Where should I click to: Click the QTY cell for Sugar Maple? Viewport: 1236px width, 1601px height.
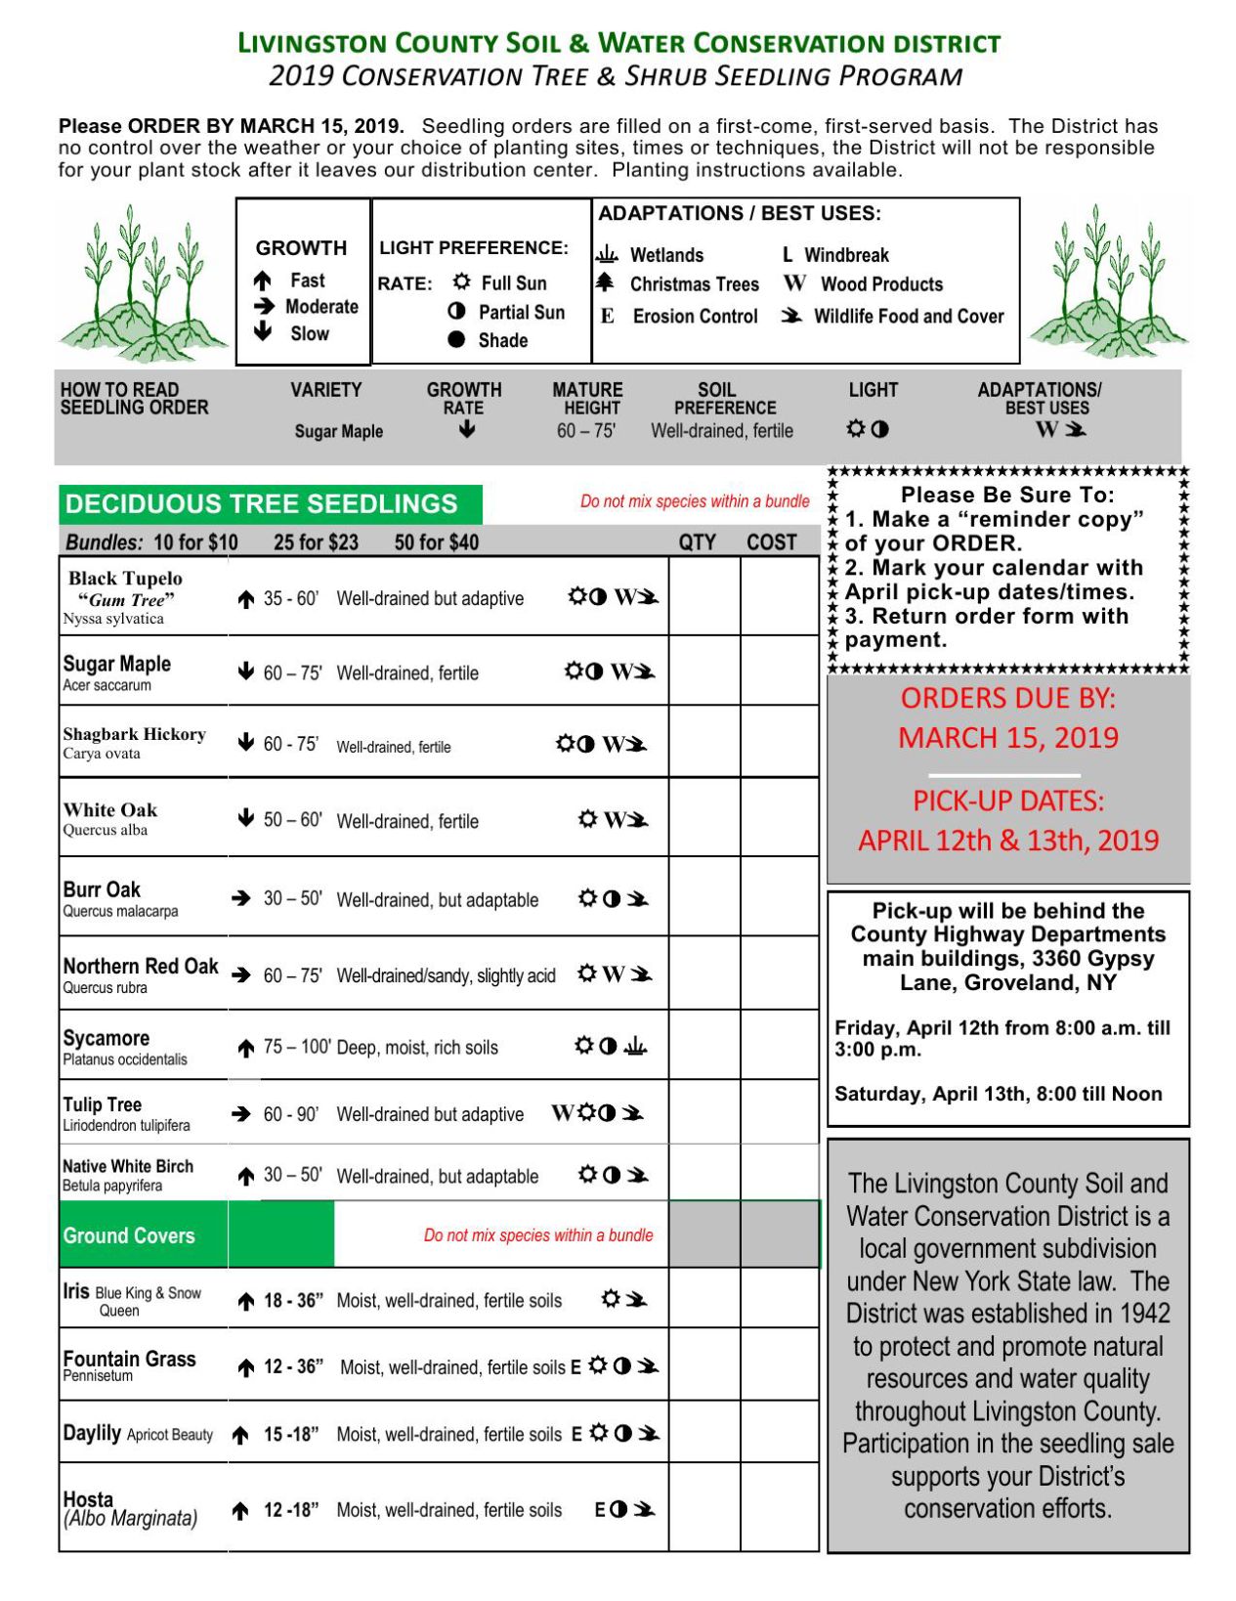pos(703,671)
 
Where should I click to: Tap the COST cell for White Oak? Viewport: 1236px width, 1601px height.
pos(779,818)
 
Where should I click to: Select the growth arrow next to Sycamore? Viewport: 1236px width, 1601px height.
pos(246,1049)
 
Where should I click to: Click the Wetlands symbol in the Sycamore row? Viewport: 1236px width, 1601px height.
pos(635,1047)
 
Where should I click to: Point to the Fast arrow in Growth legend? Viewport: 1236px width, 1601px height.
pos(263,281)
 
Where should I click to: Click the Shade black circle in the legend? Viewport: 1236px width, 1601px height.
pos(456,340)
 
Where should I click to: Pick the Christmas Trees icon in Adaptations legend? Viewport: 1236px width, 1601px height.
pos(606,283)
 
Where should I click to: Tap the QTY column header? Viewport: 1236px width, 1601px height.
pos(698,542)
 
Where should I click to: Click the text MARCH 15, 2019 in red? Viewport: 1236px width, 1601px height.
pos(1008,738)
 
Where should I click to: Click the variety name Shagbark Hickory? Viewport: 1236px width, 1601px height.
pos(134,734)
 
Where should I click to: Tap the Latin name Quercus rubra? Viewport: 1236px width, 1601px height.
pos(106,988)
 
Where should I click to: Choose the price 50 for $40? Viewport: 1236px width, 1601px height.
pos(436,542)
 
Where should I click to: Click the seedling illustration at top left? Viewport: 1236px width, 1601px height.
pos(142,283)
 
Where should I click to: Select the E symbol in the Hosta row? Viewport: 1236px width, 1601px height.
pos(599,1510)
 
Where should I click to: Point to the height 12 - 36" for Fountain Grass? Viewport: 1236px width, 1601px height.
pos(294,1366)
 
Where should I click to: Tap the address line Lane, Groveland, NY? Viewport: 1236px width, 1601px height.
pos(1007,982)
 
